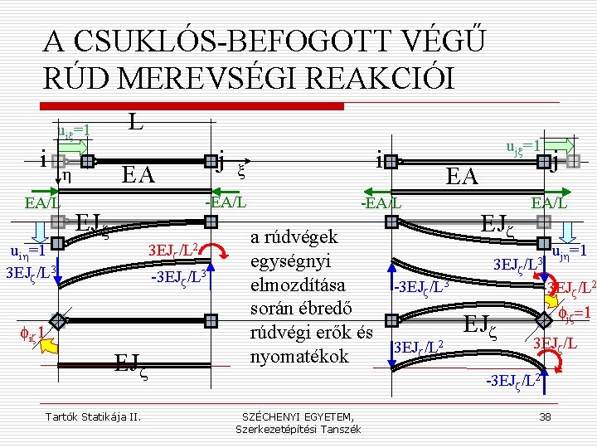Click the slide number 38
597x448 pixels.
pyautogui.click(x=545, y=415)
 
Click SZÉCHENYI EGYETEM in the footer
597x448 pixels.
pyautogui.click(x=298, y=415)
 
